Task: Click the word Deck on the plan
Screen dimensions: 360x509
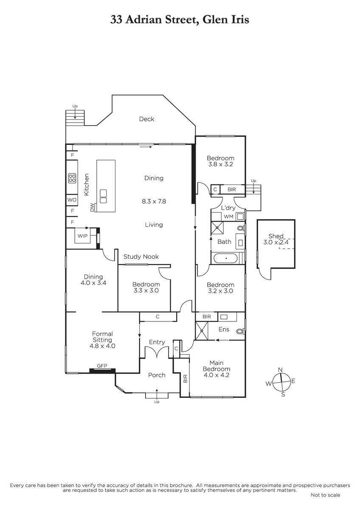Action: [x=146, y=119]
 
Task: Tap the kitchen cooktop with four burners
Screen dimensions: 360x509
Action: [x=72, y=178]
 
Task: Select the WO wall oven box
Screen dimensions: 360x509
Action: [x=72, y=200]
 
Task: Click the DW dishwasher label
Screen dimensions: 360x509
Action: [x=92, y=207]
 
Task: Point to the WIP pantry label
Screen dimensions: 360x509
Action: [x=82, y=236]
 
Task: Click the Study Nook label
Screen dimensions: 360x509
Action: [x=141, y=257]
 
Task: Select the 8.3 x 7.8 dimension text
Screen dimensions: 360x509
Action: [x=154, y=201]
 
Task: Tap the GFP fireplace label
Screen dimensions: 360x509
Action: [x=102, y=366]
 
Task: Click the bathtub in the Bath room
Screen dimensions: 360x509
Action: [x=226, y=258]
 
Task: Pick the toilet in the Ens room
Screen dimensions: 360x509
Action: [x=240, y=331]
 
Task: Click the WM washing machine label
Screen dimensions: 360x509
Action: [x=228, y=217]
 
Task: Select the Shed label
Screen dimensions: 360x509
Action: [x=276, y=236]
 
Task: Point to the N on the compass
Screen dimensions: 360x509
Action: [x=281, y=370]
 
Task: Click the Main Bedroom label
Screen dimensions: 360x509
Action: [x=217, y=366]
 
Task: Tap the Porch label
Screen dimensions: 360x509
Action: [x=157, y=375]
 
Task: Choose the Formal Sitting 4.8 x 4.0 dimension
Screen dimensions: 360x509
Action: [x=102, y=346]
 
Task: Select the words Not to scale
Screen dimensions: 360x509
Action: [x=326, y=495]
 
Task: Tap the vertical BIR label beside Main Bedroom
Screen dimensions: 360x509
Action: [x=185, y=378]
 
